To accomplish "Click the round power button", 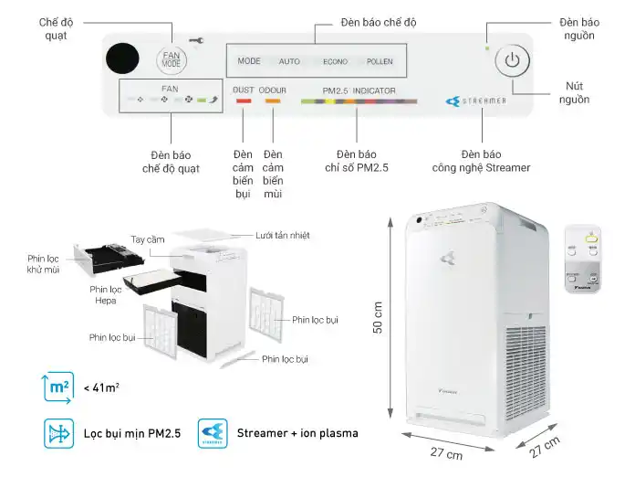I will pyautogui.click(x=513, y=62).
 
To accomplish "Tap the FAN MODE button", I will pyautogui.click(x=172, y=60).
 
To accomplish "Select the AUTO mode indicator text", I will pyautogui.click(x=289, y=62).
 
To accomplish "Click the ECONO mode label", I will pyautogui.click(x=335, y=62).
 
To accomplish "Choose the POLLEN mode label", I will pyautogui.click(x=380, y=62).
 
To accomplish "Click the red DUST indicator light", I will pyautogui.click(x=244, y=100).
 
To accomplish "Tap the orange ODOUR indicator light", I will pyautogui.click(x=273, y=100).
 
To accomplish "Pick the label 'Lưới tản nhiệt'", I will pyautogui.click(x=283, y=235).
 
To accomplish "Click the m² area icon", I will pyautogui.click(x=58, y=387).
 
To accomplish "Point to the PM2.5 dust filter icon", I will pyautogui.click(x=58, y=432).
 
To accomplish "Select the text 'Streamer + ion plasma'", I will pyautogui.click(x=297, y=433).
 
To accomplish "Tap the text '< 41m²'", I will pyautogui.click(x=101, y=387).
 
